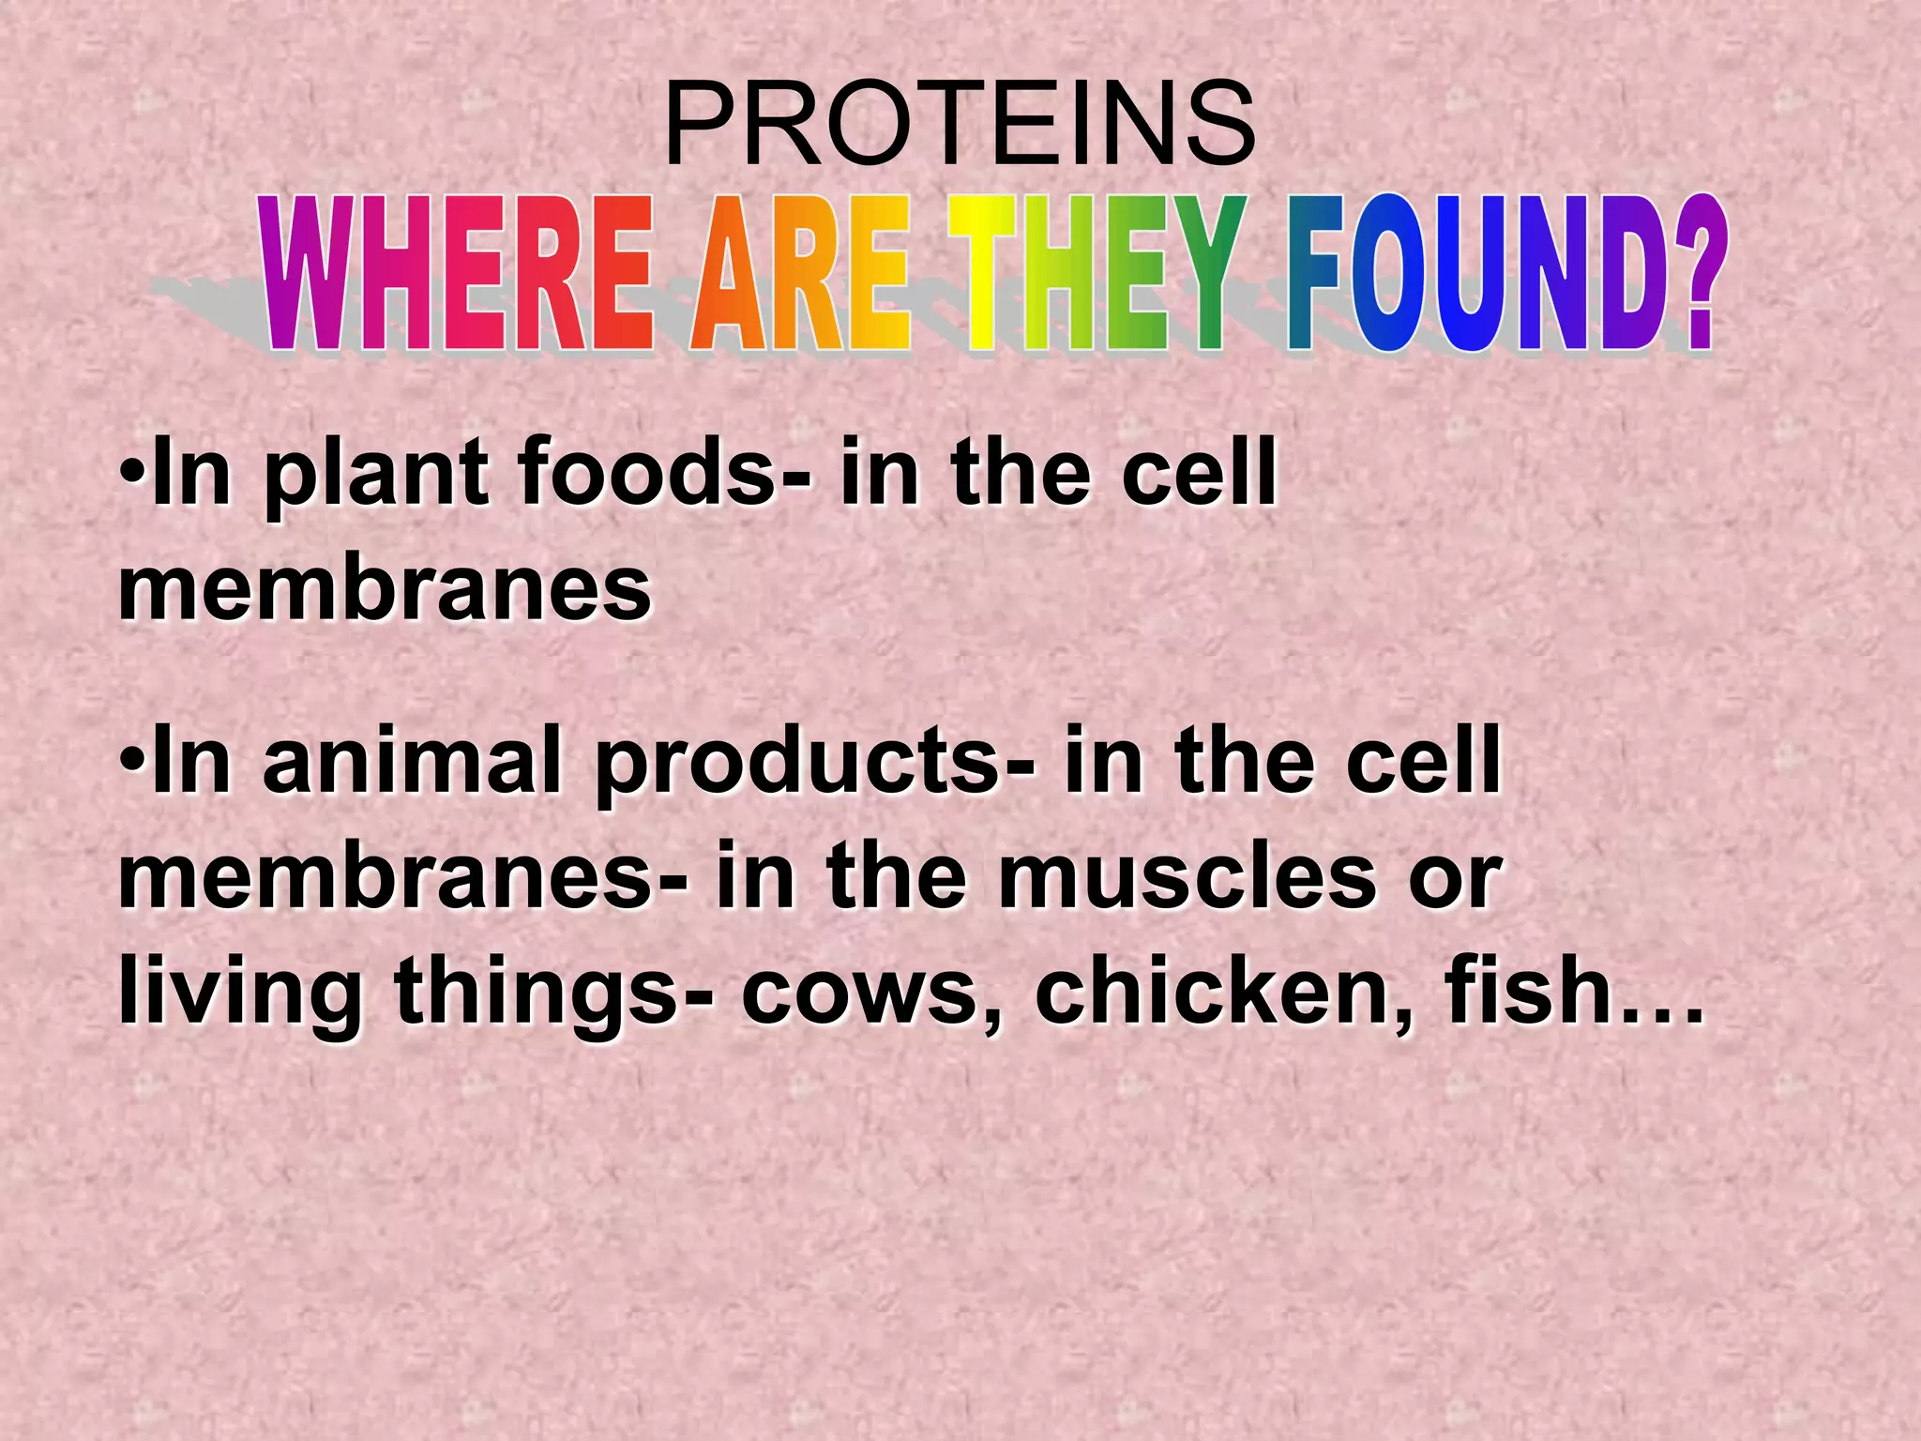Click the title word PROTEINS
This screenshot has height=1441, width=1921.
[x=960, y=125]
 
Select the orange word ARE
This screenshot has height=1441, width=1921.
[x=800, y=274]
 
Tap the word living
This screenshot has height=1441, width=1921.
[x=240, y=994]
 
